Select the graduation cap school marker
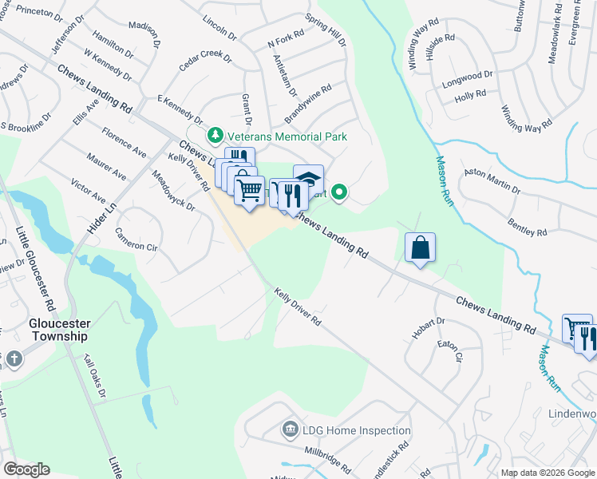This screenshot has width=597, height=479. (308, 178)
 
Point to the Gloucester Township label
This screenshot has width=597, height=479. (59, 330)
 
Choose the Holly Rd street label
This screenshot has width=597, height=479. (470, 95)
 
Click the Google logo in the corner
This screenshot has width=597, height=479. (26, 469)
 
